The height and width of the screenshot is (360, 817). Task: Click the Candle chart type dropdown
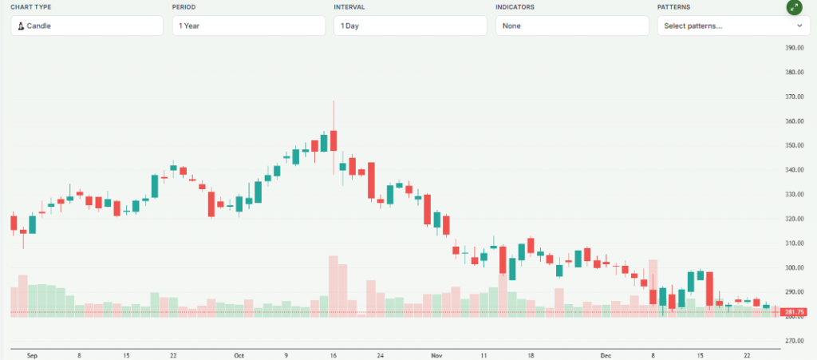pos(86,26)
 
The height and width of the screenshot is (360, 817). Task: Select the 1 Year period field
pos(248,26)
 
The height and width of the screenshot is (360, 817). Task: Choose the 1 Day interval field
pos(410,26)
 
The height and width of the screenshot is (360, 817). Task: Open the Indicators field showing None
pos(571,26)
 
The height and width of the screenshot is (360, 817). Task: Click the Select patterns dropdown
pos(733,26)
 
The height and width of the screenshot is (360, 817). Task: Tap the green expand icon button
pos(793,7)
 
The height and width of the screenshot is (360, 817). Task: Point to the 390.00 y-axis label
pos(794,48)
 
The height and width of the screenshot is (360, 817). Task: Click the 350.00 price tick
pos(794,145)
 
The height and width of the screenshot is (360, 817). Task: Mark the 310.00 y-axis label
pos(794,243)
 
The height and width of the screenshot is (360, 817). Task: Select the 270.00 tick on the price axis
pos(794,341)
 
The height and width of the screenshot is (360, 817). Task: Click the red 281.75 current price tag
pos(795,312)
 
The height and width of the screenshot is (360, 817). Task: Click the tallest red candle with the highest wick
pos(334,140)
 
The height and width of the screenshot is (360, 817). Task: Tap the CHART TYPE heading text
pos(32,6)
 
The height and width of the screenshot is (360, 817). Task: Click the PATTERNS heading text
pos(674,6)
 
